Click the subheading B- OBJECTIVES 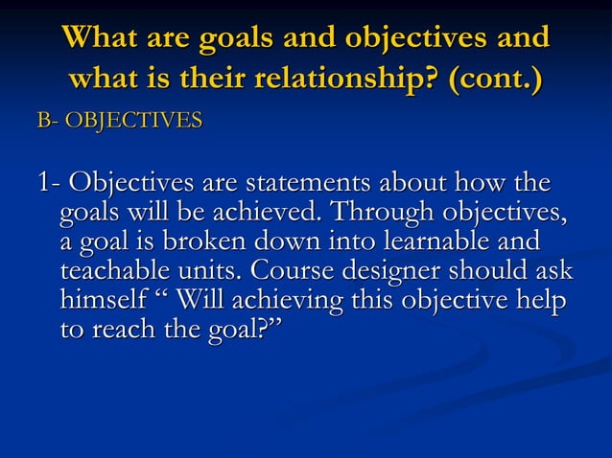(119, 121)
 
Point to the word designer (422, 270)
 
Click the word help (542, 300)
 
